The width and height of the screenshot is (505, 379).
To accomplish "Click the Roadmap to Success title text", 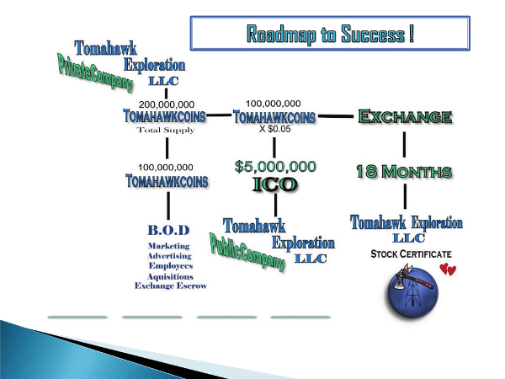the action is pos(330,35).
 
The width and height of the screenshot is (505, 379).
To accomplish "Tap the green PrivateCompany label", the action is pos(95,73).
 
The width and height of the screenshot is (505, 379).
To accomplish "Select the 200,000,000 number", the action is pos(167,104).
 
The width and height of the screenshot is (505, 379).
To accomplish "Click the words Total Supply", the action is pos(166,130).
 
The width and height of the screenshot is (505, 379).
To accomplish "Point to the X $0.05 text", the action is pos(274,129).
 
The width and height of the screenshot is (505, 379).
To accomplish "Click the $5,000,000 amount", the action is pos(275,167).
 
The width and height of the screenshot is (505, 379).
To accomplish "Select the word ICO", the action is pos(274,184).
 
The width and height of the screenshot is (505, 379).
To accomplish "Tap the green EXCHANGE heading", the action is pos(405,116).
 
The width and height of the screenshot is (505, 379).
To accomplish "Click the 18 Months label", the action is pos(404,172).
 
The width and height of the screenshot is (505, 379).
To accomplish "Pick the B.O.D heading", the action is pos(168,230).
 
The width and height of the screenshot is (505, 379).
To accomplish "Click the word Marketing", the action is pos(169,246).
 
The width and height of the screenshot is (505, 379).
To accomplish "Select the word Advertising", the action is pos(169,256).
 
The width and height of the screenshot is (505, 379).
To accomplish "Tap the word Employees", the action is pos(171,266).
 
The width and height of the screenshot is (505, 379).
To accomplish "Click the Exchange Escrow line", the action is pos(170,286).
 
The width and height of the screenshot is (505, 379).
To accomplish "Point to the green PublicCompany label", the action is pos(247,253).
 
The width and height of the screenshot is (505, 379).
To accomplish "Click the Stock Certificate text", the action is pos(411,254).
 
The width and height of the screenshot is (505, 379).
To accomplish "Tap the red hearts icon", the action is pos(448,270).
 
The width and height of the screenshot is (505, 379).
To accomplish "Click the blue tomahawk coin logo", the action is pos(412,291).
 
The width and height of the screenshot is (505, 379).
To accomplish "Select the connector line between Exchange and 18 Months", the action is pos(404,144).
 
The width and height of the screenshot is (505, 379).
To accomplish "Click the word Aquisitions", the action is pos(170,276).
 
